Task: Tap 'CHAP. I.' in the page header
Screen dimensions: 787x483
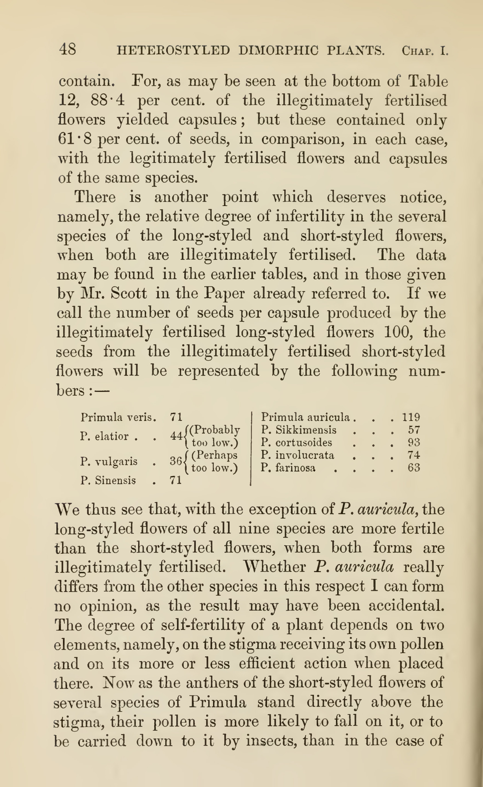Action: tap(425, 51)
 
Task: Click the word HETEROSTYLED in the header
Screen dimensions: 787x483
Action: tap(173, 51)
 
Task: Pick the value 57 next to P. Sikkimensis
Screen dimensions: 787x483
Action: tap(414, 430)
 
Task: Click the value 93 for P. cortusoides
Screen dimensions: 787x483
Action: tap(414, 442)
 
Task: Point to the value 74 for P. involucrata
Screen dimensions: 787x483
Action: tap(414, 455)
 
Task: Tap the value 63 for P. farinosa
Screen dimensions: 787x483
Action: tap(414, 468)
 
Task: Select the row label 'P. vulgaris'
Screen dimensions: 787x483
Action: tap(109, 461)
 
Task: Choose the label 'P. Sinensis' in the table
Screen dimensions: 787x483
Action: tap(108, 480)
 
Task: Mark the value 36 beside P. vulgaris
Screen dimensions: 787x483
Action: tap(176, 461)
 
